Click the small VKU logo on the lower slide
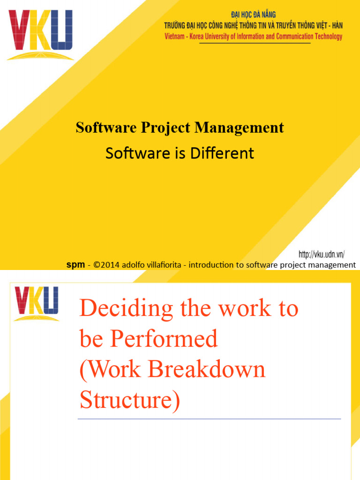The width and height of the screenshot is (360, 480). point(37,303)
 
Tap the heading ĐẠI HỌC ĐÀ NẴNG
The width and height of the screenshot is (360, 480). point(253,15)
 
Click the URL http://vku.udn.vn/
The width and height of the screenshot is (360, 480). point(322,255)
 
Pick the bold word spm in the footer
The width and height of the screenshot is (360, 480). point(75,265)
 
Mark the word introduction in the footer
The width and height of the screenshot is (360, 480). point(212,265)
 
